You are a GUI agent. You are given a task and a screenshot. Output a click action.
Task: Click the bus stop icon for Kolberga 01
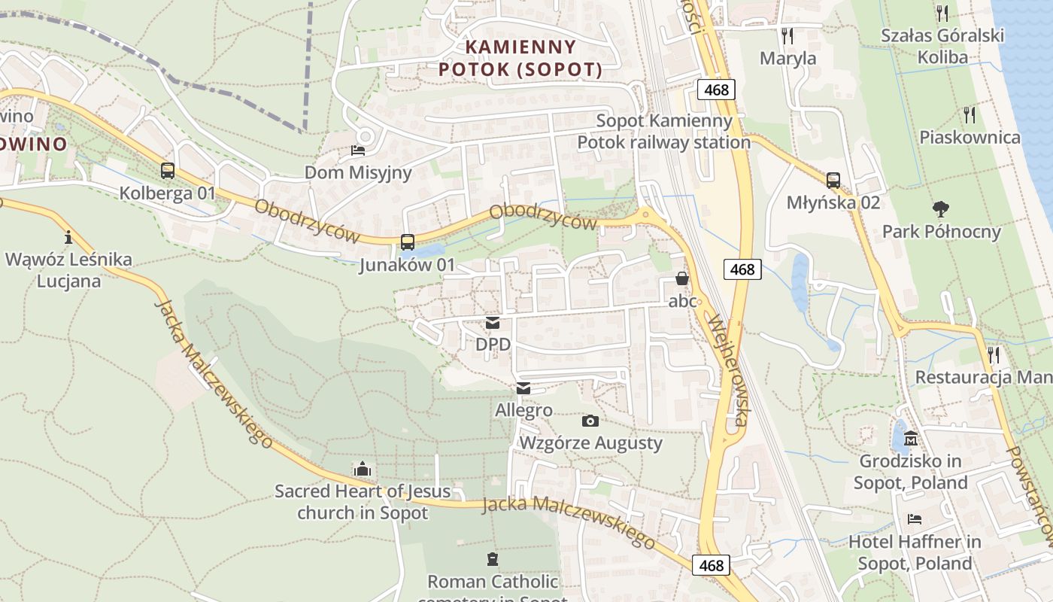click(168, 171)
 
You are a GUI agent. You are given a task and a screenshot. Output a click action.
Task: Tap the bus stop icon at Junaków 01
click(408, 242)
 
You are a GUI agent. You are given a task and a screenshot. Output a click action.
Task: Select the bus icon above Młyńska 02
click(833, 181)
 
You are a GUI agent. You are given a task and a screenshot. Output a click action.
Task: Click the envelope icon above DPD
click(493, 323)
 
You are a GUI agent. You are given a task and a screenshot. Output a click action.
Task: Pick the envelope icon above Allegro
click(523, 388)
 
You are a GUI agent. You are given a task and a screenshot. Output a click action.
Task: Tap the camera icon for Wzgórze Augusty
click(590, 421)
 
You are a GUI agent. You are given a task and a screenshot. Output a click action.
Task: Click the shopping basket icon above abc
click(682, 279)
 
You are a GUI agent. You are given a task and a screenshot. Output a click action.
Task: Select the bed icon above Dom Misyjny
click(358, 150)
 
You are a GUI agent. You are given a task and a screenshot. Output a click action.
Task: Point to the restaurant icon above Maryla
click(787, 35)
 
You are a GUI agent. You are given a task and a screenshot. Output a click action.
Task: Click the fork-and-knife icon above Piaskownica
click(970, 114)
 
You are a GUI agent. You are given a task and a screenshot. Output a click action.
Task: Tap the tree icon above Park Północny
click(941, 208)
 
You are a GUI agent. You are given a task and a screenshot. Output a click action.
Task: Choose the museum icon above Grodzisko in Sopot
click(911, 438)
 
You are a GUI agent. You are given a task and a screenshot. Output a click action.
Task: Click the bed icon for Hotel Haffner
click(915, 519)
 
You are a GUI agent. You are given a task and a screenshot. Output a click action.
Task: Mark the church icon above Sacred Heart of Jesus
click(363, 469)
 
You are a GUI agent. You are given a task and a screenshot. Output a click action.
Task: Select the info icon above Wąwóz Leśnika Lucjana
click(68, 237)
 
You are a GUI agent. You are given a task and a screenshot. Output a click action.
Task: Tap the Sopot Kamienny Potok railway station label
click(664, 132)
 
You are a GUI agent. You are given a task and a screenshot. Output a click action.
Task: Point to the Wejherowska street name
click(727, 369)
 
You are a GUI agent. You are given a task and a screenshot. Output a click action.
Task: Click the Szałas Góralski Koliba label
click(942, 46)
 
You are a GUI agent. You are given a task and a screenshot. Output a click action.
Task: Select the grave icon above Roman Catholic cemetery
click(493, 559)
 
